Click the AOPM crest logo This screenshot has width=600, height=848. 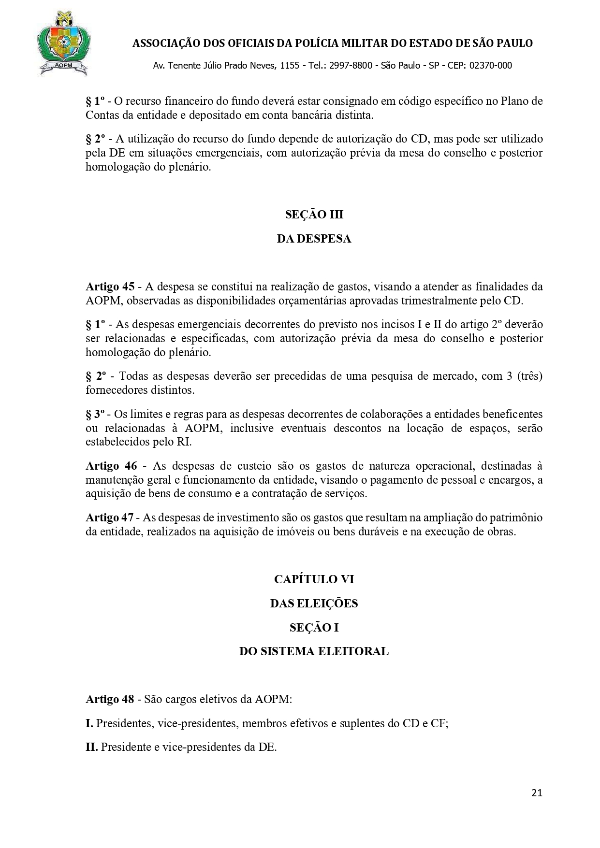62,44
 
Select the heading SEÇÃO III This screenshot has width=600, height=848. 314,215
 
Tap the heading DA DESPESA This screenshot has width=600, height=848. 314,239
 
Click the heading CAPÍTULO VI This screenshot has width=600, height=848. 314,579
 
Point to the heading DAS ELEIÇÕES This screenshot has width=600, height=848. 314,603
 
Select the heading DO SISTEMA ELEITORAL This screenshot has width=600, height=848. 314,651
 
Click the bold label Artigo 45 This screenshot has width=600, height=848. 110,287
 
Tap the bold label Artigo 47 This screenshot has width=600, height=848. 110,517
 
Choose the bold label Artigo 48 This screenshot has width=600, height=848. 110,699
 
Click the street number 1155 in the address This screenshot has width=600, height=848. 289,66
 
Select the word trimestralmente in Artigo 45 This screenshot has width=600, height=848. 441,301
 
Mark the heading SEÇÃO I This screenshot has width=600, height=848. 314,627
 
